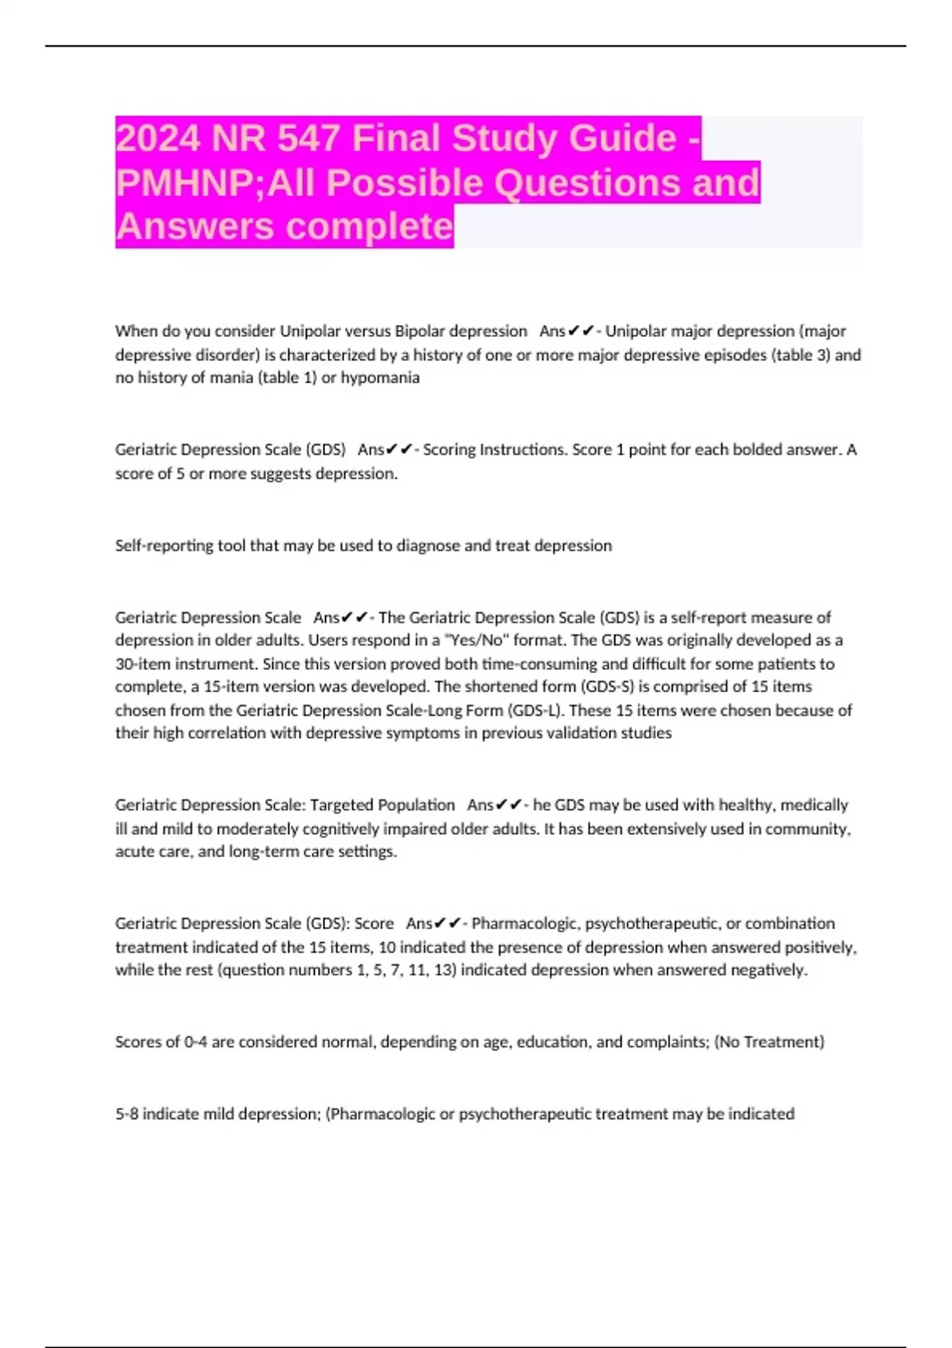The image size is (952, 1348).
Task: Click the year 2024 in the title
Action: pyautogui.click(x=158, y=139)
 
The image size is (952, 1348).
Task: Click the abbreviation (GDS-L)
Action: pyautogui.click(x=534, y=710)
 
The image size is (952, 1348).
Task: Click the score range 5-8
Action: pyautogui.click(x=127, y=1114)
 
